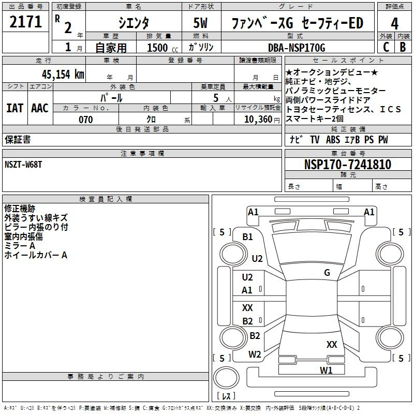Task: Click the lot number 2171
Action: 25,22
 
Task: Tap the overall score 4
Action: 394,23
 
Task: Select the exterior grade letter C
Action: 386,47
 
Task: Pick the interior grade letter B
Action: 403,47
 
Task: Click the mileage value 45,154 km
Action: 63,74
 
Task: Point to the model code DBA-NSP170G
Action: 297,48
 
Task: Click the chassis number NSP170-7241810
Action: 348,164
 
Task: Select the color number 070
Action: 86,120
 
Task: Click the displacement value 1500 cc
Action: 162,48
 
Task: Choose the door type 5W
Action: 200,23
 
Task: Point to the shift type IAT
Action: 14,108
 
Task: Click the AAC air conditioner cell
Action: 40,108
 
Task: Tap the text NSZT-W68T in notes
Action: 23,165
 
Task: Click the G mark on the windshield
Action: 327,272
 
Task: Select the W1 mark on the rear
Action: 326,370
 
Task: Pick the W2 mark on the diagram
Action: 255,354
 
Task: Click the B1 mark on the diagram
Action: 247,237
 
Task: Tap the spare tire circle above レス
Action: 226,378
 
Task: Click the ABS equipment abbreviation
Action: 333,140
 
